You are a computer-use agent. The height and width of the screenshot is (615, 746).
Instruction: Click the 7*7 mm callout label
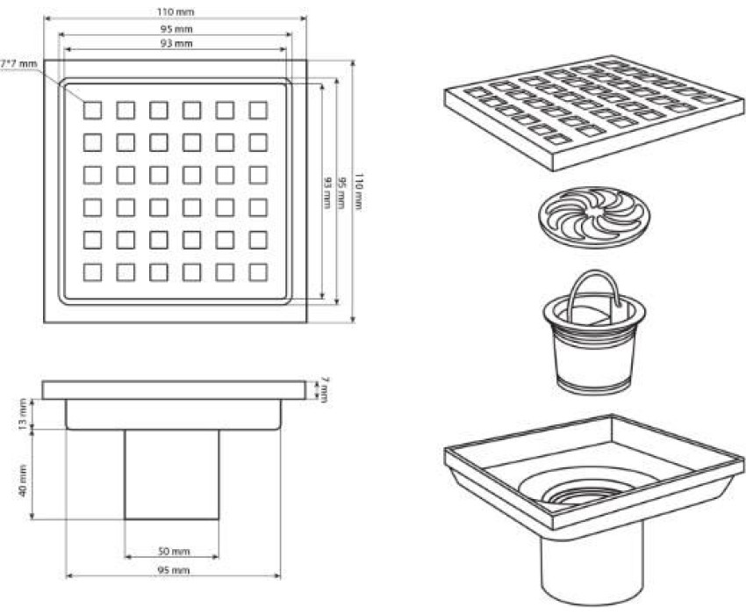[18, 63]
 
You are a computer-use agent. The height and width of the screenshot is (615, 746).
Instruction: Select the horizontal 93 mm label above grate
[176, 43]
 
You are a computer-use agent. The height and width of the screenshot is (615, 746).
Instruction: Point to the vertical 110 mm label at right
[360, 192]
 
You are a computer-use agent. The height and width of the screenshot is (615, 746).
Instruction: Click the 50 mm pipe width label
[173, 551]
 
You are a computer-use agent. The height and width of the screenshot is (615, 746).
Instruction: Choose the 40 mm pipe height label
[22, 481]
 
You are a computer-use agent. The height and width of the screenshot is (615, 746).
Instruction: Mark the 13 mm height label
[22, 414]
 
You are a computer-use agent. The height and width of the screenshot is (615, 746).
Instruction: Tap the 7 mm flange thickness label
[324, 390]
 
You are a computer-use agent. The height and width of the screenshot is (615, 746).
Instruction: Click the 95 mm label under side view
[173, 569]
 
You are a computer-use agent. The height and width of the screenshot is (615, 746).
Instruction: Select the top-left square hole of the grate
[92, 110]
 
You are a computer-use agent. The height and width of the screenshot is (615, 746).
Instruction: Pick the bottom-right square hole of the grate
[258, 272]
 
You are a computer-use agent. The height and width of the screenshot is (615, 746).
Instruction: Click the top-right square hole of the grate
[258, 110]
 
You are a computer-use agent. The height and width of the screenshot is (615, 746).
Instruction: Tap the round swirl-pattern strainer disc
[594, 217]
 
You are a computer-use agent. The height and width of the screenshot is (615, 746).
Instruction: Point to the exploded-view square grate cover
[594, 114]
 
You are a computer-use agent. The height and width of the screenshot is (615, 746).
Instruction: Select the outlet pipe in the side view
[172, 474]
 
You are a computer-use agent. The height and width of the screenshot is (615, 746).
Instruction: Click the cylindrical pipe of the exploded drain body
[592, 562]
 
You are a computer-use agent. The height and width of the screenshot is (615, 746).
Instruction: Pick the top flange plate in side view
[174, 390]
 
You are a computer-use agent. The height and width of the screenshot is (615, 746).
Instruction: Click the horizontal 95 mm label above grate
[176, 29]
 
